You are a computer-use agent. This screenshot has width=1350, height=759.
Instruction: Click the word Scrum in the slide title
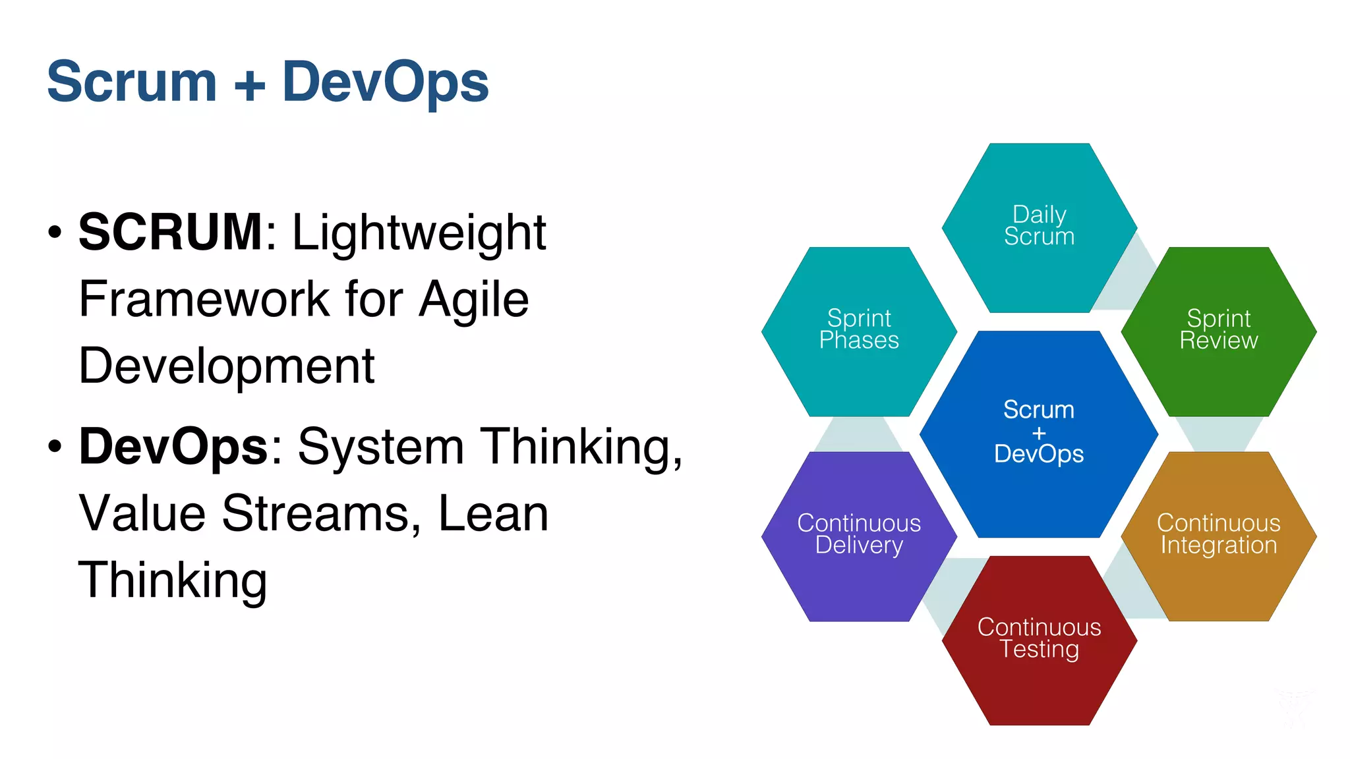[x=132, y=82]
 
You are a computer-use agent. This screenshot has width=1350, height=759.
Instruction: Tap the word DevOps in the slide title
[x=386, y=82]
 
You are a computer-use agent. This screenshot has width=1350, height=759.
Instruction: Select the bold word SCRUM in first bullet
[x=171, y=232]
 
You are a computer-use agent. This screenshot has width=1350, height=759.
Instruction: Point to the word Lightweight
[x=419, y=233]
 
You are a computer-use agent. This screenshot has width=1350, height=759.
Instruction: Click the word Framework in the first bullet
[x=204, y=300]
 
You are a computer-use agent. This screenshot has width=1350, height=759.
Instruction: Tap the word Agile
[x=474, y=300]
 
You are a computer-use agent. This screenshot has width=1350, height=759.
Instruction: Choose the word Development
[x=226, y=366]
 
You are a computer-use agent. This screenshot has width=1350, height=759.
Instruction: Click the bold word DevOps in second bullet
[x=173, y=447]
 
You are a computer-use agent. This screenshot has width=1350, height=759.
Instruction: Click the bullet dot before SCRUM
[x=55, y=232]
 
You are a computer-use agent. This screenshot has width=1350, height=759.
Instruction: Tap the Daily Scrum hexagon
[x=1039, y=227]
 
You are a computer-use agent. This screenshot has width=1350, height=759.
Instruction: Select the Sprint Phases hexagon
[x=859, y=331]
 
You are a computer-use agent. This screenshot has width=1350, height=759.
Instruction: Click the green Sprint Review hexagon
[x=1218, y=331]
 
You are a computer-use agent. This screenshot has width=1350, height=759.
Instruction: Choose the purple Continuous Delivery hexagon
[x=859, y=535]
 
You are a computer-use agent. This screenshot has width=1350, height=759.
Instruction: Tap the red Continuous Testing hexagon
[x=1039, y=639]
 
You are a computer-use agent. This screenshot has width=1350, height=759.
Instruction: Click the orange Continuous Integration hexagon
[x=1218, y=535]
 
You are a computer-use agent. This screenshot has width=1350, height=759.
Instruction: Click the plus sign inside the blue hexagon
[x=1039, y=433]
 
